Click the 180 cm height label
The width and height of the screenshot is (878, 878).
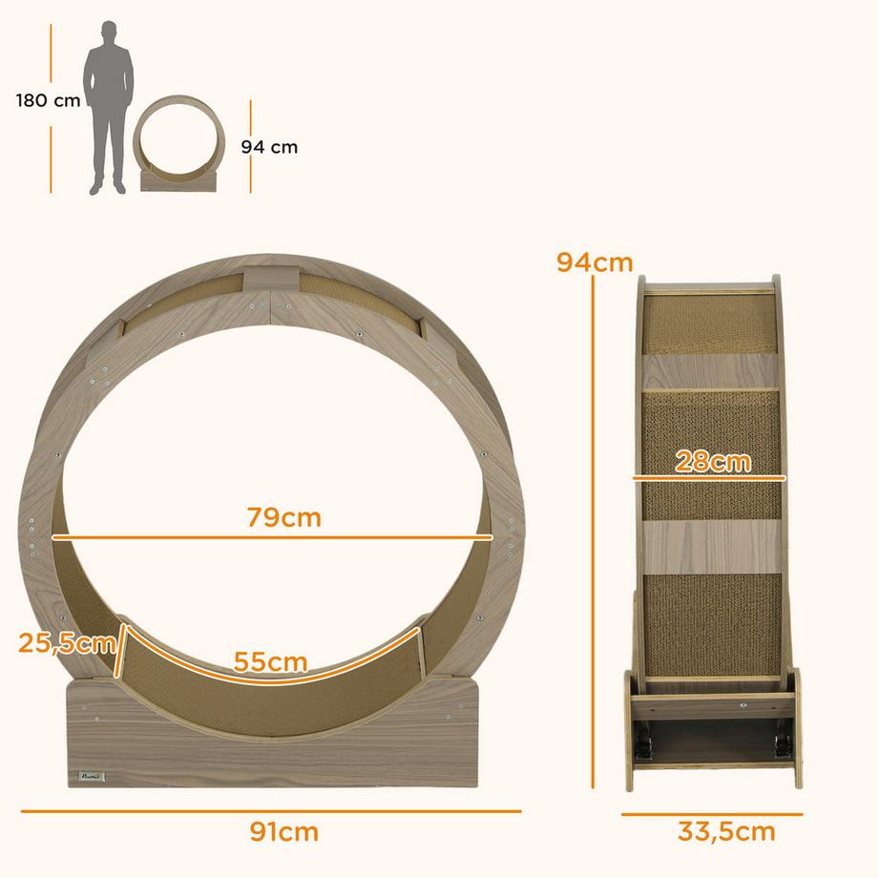[x=48, y=100]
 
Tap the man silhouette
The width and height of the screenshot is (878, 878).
[x=108, y=105]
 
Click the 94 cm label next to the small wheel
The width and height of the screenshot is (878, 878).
[x=269, y=147]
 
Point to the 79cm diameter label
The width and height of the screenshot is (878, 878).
[x=283, y=518]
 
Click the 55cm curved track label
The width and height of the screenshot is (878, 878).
[x=272, y=661]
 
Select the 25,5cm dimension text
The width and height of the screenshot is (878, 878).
[x=65, y=642]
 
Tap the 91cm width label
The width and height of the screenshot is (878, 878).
[x=283, y=831]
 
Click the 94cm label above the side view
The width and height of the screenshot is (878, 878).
[x=596, y=261]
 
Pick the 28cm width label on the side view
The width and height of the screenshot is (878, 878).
[x=713, y=462]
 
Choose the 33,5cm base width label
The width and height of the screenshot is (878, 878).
[x=726, y=831]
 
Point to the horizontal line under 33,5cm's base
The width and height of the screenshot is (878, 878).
[x=712, y=814]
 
